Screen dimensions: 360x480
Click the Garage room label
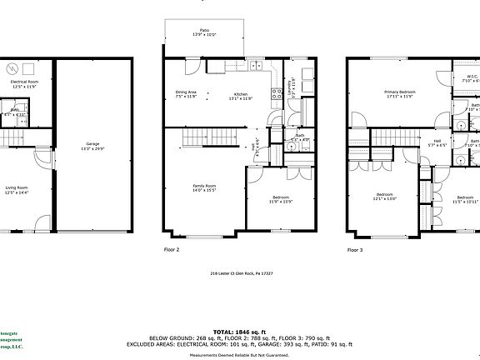coord(92,145)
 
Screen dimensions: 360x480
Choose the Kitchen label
coord(241,96)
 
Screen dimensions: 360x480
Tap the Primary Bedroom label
coord(399,93)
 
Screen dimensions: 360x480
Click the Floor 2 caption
coord(172,248)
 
